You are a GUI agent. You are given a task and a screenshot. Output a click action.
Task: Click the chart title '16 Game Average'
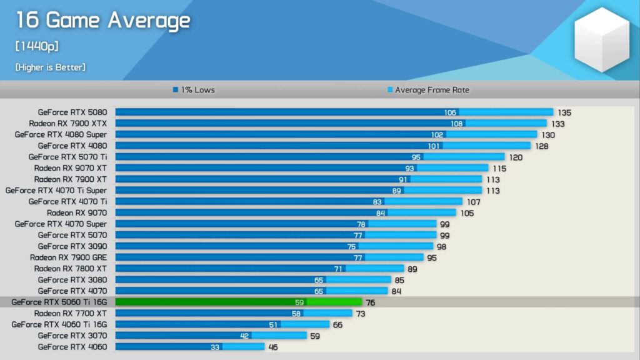(x=102, y=20)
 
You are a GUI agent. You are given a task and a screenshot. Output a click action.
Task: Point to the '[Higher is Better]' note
(x=51, y=67)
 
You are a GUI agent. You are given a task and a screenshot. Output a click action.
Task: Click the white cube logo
(x=601, y=39)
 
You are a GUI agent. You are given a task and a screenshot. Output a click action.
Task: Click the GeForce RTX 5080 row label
(x=72, y=112)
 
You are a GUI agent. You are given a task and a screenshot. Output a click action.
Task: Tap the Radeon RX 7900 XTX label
(x=67, y=124)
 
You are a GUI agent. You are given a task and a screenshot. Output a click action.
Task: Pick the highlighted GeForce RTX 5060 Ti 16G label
(x=59, y=302)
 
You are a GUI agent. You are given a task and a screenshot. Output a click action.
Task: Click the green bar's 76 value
(x=371, y=303)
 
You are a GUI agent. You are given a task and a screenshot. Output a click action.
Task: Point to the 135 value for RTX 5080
(x=564, y=113)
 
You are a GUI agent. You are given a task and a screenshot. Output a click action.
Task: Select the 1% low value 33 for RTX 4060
(x=215, y=347)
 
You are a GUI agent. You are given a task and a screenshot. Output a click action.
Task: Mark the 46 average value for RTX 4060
(x=272, y=347)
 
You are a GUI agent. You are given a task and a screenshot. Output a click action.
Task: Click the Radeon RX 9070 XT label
(x=70, y=168)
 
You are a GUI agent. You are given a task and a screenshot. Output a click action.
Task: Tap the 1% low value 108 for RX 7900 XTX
(x=457, y=124)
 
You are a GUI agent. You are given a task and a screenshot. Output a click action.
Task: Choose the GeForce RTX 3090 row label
(x=72, y=246)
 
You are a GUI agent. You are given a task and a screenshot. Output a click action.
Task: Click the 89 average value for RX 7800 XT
(x=412, y=269)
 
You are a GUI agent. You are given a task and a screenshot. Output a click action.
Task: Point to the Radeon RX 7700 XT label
(x=70, y=314)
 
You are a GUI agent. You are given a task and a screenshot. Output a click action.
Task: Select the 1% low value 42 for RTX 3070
(x=245, y=336)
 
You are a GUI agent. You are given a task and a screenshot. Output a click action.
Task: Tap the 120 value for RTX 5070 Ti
(x=516, y=157)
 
